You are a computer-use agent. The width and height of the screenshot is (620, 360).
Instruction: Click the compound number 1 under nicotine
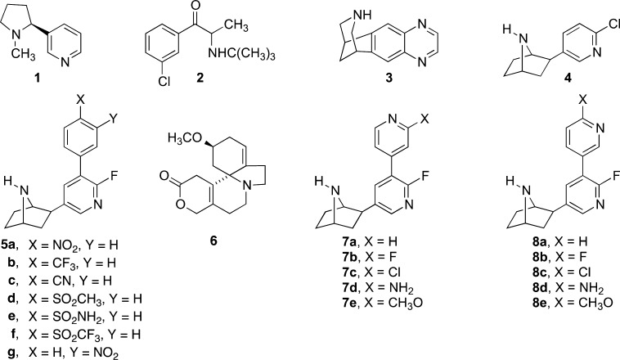click(37, 78)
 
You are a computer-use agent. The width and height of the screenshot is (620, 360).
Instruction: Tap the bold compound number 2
click(200, 78)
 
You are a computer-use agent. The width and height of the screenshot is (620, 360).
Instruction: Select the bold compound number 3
click(389, 78)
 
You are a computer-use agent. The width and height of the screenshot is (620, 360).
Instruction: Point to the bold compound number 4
click(568, 78)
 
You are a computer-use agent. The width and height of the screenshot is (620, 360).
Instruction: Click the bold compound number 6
click(213, 240)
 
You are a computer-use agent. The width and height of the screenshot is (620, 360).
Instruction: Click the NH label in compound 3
click(362, 15)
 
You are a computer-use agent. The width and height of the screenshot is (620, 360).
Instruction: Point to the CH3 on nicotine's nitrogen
click(23, 53)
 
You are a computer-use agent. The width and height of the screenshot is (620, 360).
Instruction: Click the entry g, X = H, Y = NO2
click(63, 352)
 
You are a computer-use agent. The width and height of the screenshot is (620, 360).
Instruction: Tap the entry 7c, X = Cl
click(371, 272)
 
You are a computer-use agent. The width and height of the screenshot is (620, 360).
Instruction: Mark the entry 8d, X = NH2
click(568, 288)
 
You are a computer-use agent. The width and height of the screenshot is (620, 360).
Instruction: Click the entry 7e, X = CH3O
click(383, 303)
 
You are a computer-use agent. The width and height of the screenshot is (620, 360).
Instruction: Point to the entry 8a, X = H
click(560, 241)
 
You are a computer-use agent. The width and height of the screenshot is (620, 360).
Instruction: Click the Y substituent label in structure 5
click(114, 119)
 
